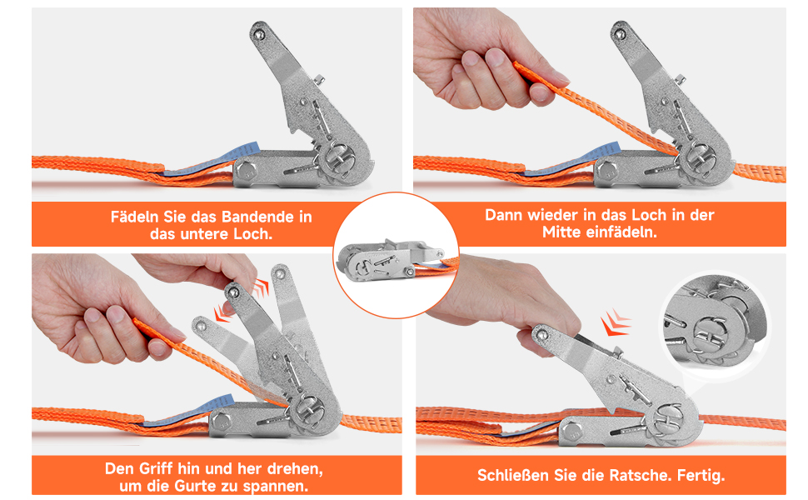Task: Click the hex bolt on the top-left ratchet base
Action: point(246,171)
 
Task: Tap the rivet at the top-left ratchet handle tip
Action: point(259,34)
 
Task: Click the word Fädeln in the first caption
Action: point(134,217)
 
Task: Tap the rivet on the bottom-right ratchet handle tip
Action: point(541,335)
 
